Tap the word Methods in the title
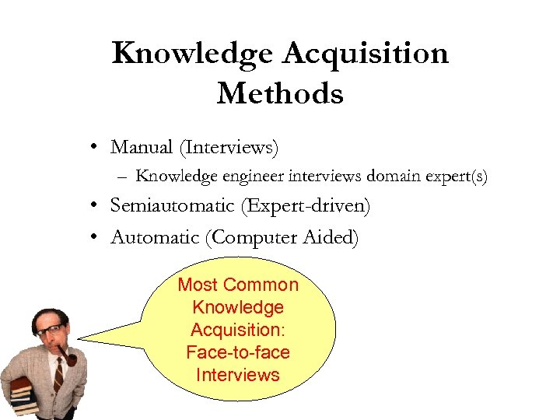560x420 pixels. pyautogui.click(x=280, y=94)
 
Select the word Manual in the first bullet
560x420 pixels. pyautogui.click(x=142, y=146)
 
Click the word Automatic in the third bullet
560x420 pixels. pyautogui.click(x=155, y=237)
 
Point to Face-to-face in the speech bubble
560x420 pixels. pyautogui.click(x=238, y=352)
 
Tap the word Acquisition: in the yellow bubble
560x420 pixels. pyautogui.click(x=238, y=330)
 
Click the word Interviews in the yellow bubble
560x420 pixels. pyautogui.click(x=238, y=375)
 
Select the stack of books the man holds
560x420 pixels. pyautogui.click(x=21, y=393)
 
